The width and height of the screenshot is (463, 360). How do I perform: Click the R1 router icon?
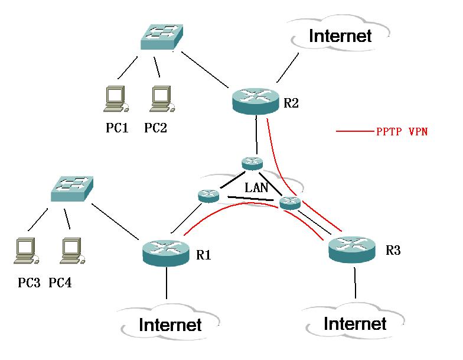pos(165,253)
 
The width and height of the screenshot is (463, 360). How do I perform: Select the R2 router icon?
pos(256,100)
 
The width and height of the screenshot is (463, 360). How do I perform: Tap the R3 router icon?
pos(352,249)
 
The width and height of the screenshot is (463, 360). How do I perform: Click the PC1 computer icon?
pos(116,99)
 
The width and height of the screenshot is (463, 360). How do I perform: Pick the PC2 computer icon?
pos(162,99)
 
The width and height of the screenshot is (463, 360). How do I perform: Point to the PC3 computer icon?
pos(26,251)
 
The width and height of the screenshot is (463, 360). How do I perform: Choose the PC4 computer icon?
pos(72,251)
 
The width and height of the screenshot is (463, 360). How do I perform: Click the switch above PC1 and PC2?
pos(162,37)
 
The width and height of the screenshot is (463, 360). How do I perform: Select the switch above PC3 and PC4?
pos(72,189)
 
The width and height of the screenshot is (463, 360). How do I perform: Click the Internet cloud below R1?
pos(170,323)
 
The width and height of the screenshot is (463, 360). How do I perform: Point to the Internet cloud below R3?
pos(355,322)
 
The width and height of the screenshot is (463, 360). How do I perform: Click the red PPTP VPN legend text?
pos(402,131)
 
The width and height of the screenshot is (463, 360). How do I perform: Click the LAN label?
pos(256,187)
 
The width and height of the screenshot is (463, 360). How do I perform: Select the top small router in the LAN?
pos(252,163)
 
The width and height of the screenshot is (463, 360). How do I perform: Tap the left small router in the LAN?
pos(208,196)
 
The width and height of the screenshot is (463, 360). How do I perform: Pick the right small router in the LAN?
pos(290,203)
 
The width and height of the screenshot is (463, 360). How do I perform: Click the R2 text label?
pos(291,103)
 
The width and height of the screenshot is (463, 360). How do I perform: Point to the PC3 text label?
pos(29,283)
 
